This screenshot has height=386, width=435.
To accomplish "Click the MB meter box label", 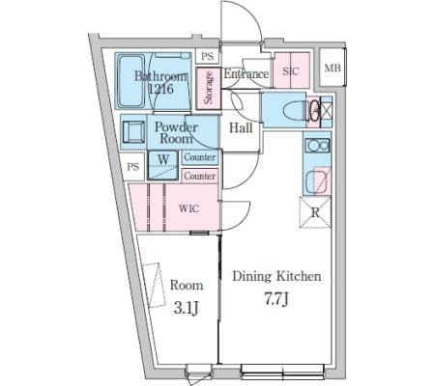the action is tap(332, 68).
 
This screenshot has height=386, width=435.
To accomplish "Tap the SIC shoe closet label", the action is tap(291, 71).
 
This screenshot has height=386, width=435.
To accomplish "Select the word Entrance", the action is tap(246, 74).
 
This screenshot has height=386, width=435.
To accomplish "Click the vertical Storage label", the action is tap(209, 88).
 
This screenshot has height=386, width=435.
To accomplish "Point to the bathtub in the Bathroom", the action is tap(130, 81).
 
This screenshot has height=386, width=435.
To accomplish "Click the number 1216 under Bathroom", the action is tap(160, 89).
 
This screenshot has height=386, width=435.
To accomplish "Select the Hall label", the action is tap(241, 128).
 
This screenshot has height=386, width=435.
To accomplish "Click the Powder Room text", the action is tap(176, 132).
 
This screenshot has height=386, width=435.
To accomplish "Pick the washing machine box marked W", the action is tap(163, 165).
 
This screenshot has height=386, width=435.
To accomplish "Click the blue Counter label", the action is tap(200, 157).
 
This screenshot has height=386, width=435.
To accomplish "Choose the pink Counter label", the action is tap(200, 176).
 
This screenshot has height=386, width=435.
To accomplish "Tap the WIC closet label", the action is tap(188, 208).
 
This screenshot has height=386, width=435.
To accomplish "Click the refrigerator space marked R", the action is tap(315, 212).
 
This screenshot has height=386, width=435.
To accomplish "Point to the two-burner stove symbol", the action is tap(318, 146).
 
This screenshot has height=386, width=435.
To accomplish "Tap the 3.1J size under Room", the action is tap(186, 308).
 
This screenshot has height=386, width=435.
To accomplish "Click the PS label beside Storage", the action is tap(207, 56).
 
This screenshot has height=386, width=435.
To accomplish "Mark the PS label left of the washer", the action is tap(132, 167).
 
